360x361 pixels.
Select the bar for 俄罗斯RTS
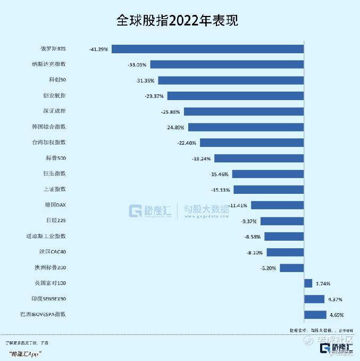click(207, 49)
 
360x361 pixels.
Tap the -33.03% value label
click(137, 64)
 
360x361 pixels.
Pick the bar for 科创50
click(231, 80)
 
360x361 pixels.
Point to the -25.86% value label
click(171, 112)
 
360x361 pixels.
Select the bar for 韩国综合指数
click(246, 127)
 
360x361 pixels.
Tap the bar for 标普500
click(258, 158)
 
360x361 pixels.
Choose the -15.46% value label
click(220, 174)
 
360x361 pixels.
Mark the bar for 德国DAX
click(277, 205)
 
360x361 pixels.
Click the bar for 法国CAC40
click(285, 252)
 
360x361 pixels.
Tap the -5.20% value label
click(268, 268)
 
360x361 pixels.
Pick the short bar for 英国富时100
click(308, 283)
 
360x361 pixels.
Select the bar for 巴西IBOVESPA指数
click(315, 315)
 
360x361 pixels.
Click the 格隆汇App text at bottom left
click(27, 353)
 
